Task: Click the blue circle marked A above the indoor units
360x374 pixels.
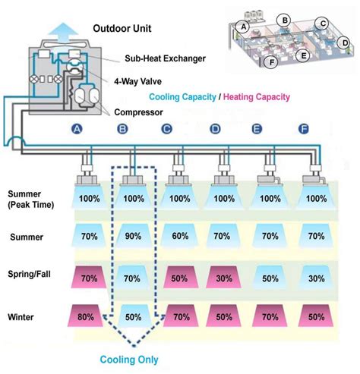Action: coord(76,130)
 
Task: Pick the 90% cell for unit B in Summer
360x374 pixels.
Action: coord(133,237)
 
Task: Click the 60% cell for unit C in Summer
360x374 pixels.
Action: coord(180,237)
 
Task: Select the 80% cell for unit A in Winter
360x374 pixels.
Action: coord(88,314)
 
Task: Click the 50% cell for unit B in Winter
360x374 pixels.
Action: coord(133,314)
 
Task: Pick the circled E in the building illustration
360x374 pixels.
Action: coord(303,55)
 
